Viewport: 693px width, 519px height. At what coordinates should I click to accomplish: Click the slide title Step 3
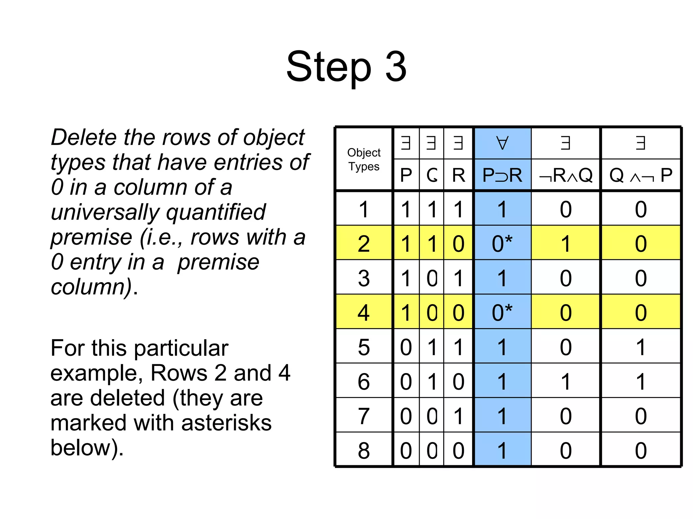pyautogui.click(x=346, y=67)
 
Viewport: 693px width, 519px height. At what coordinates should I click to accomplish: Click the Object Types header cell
pyautogui.click(x=364, y=159)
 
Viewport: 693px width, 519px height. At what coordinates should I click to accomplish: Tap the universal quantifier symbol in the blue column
pyautogui.click(x=502, y=143)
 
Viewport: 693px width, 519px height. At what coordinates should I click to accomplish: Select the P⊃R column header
pyautogui.click(x=502, y=175)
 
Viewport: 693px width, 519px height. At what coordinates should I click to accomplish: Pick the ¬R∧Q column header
pyautogui.click(x=566, y=175)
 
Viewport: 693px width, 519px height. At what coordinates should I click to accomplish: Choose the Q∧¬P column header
pyautogui.click(x=641, y=175)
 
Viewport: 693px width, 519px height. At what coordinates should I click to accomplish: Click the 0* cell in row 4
pyautogui.click(x=502, y=312)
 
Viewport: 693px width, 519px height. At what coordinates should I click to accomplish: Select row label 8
pyautogui.click(x=364, y=450)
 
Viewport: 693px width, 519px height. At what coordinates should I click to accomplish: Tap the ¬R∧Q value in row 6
pyautogui.click(x=566, y=381)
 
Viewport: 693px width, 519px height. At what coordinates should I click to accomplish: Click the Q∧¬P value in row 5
pyautogui.click(x=641, y=347)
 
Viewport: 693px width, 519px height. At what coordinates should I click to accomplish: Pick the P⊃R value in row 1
pyautogui.click(x=502, y=209)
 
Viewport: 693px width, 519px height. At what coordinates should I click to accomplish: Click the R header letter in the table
pyautogui.click(x=459, y=175)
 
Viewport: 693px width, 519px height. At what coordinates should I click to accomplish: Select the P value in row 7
pyautogui.click(x=406, y=416)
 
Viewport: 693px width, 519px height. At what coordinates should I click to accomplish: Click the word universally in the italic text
pyautogui.click(x=105, y=212)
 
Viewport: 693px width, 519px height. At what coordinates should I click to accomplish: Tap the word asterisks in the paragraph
pyautogui.click(x=226, y=423)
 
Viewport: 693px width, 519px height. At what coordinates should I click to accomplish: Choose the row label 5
pyautogui.click(x=364, y=347)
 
